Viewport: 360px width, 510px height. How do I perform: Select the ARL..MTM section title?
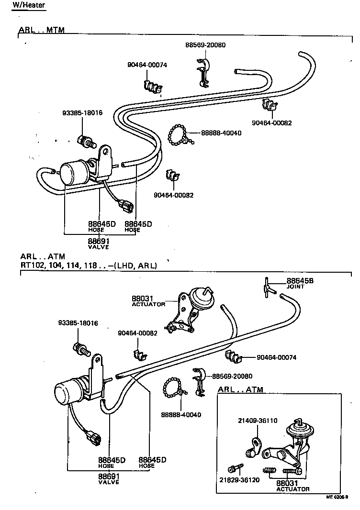click(x=41, y=30)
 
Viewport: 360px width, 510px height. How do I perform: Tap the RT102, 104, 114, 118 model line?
click(x=89, y=265)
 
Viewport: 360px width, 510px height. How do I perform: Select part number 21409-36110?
click(x=258, y=421)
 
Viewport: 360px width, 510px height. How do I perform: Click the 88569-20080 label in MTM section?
click(x=205, y=45)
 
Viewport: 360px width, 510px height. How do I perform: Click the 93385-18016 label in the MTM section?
click(x=82, y=113)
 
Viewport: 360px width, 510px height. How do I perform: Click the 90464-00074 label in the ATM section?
click(x=276, y=357)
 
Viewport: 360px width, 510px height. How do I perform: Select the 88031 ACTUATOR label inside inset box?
click(x=292, y=486)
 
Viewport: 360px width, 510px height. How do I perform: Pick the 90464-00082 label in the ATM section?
click(x=138, y=333)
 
